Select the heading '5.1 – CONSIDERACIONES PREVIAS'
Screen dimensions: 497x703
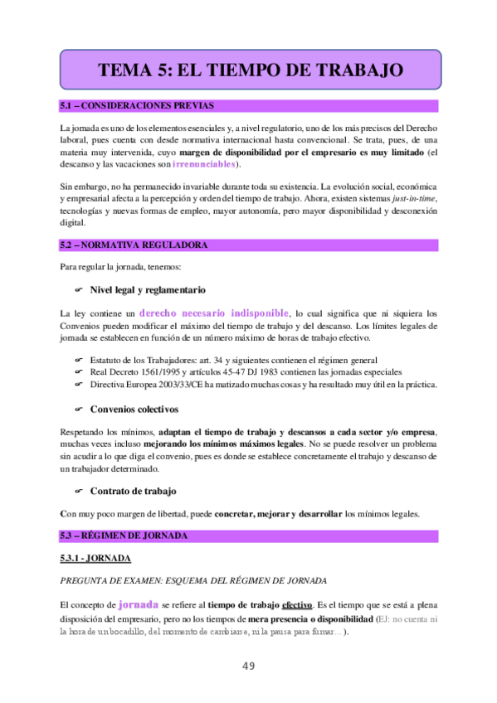coord(137,106)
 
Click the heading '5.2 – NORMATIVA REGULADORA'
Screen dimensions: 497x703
coord(133,245)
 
